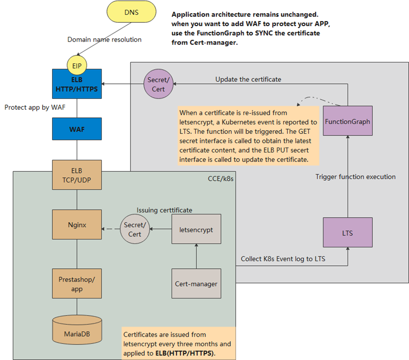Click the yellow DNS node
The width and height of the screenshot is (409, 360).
pyautogui.click(x=131, y=13)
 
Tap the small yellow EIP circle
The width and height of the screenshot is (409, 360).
pyautogui.click(x=77, y=63)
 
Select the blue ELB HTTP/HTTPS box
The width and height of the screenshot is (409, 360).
pyautogui.click(x=77, y=84)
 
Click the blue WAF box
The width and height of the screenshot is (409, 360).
pyautogui.click(x=77, y=129)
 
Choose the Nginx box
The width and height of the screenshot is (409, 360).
pyautogui.click(x=77, y=225)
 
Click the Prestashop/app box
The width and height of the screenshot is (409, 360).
pyautogui.click(x=77, y=283)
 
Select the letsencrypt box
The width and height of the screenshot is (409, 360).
pyautogui.click(x=196, y=230)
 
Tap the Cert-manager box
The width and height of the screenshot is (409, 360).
pyautogui.click(x=196, y=283)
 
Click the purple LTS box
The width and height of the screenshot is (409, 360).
pyautogui.click(x=348, y=233)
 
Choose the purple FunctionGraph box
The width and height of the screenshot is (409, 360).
pyautogui.click(x=348, y=122)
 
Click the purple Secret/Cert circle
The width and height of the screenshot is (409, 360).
pyautogui.click(x=157, y=84)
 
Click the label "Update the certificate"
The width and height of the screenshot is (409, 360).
pyautogui.click(x=248, y=79)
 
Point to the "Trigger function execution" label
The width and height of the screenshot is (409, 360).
pyautogui.click(x=355, y=176)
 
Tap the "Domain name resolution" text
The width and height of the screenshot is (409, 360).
pyautogui.click(x=104, y=39)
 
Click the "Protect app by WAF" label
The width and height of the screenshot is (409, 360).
pyautogui.click(x=35, y=107)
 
